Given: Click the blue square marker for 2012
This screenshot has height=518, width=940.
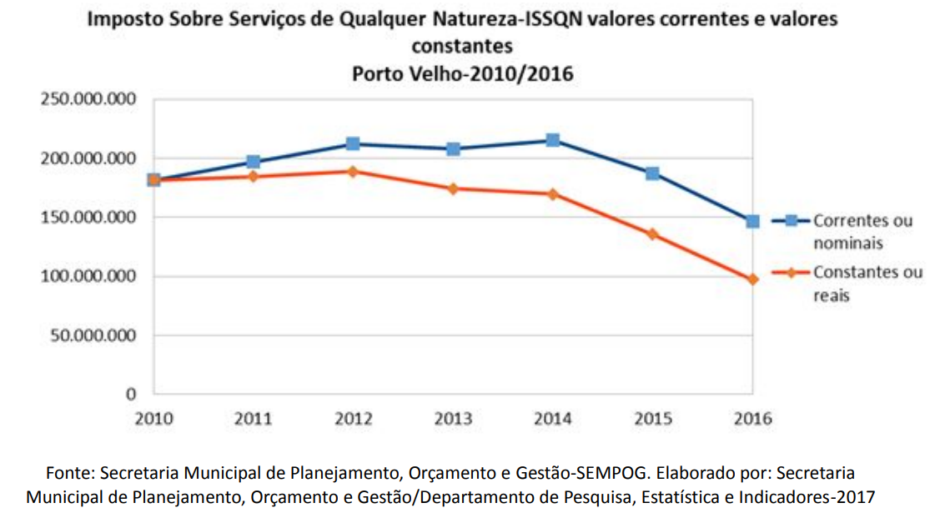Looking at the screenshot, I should [353, 144].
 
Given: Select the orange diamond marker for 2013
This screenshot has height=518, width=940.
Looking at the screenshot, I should [453, 189].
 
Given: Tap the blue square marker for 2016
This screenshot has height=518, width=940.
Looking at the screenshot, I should [752, 221].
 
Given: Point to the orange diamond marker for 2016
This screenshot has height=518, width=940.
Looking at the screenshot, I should [752, 279].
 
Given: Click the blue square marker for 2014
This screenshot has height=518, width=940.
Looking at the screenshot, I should [552, 140].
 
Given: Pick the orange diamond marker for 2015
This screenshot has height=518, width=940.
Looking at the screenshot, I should [652, 234].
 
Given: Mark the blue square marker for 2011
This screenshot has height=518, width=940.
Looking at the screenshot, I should [253, 162].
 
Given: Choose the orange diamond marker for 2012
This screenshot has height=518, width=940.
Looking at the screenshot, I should [353, 172].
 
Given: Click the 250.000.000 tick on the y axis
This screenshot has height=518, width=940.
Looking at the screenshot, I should [88, 99].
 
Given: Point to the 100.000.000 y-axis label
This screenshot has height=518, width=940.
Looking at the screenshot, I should [88, 276].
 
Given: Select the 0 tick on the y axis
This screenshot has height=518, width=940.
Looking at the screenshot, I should [131, 394].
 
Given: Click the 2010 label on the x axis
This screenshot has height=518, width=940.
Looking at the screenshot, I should [153, 419].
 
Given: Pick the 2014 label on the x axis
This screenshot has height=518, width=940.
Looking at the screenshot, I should [552, 419].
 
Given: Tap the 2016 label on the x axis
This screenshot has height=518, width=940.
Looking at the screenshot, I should [752, 419].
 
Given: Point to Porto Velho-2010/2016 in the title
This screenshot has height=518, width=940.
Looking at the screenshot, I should [462, 73].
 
